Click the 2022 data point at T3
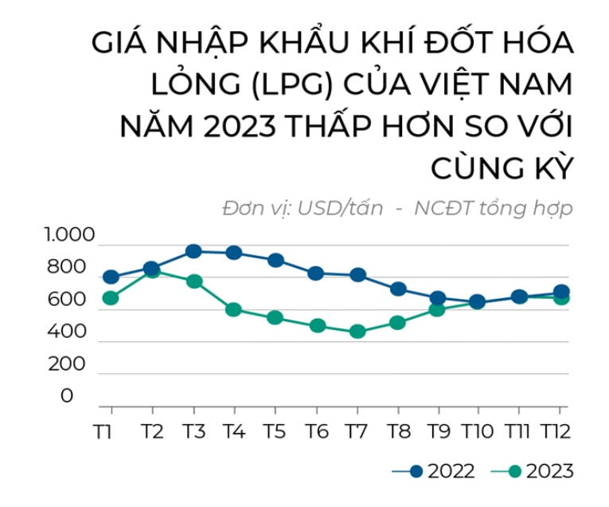click(193, 251)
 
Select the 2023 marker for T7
click(357, 331)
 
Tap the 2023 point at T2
click(152, 271)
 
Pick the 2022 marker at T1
click(111, 277)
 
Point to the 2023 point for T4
click(234, 309)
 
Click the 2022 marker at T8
click(399, 289)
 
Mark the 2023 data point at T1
click(111, 298)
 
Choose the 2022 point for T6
click(316, 273)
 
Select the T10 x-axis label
click(478, 431)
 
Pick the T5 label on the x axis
click(275, 431)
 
